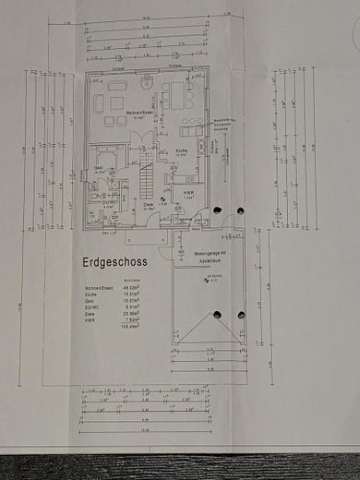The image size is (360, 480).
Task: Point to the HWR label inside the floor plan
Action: (x=188, y=194)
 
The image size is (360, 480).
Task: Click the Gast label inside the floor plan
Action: (x=99, y=167)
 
